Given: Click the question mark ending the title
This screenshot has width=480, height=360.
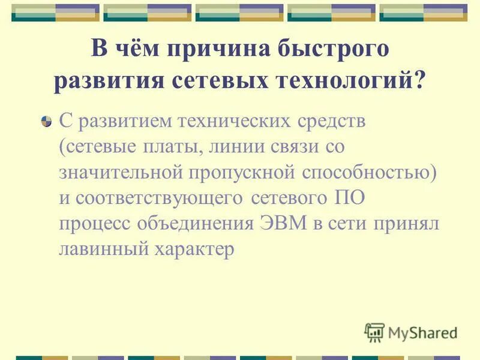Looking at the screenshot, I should (418, 80).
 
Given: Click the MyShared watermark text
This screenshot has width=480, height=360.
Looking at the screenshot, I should (422, 332).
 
